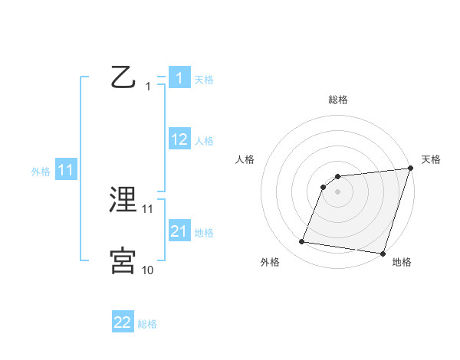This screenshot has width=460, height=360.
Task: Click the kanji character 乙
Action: click(x=123, y=78)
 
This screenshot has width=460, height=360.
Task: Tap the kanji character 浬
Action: click(x=123, y=201)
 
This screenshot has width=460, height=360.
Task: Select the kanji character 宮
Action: click(x=123, y=261)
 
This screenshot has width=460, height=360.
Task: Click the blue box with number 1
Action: click(x=179, y=78)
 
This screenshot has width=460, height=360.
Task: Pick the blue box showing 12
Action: click(x=179, y=139)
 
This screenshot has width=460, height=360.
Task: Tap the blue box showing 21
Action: click(x=179, y=231)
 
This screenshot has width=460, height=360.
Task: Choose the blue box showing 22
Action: click(x=123, y=322)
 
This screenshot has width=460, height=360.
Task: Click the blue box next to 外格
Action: click(x=66, y=170)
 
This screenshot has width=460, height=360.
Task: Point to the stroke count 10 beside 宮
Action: click(x=147, y=270)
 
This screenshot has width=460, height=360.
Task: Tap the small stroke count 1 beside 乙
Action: click(x=147, y=87)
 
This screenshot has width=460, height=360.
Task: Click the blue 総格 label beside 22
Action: click(x=147, y=324)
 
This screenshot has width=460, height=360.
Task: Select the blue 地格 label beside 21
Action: click(x=204, y=233)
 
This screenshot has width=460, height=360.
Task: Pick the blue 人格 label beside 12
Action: click(x=204, y=141)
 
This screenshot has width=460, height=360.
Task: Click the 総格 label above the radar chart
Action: click(x=338, y=100)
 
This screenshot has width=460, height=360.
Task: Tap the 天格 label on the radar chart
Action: click(x=431, y=159)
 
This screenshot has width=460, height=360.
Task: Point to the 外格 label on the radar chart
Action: click(x=270, y=263)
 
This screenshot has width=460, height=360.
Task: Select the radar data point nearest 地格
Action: click(x=382, y=253)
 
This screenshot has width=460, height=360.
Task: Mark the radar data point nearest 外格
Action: click(x=302, y=242)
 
